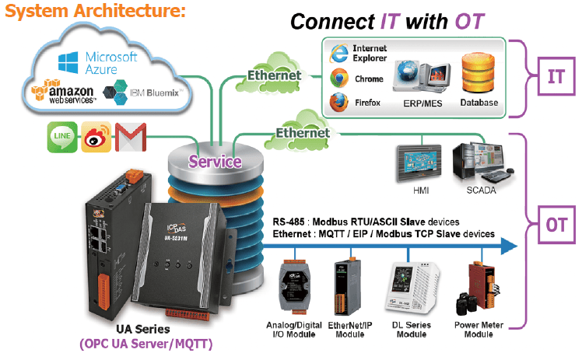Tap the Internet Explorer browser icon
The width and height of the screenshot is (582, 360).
click(338, 54)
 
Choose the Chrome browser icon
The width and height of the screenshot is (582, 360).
click(338, 79)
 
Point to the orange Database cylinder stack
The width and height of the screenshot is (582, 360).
click(479, 73)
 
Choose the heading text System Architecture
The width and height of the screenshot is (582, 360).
click(94, 12)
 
